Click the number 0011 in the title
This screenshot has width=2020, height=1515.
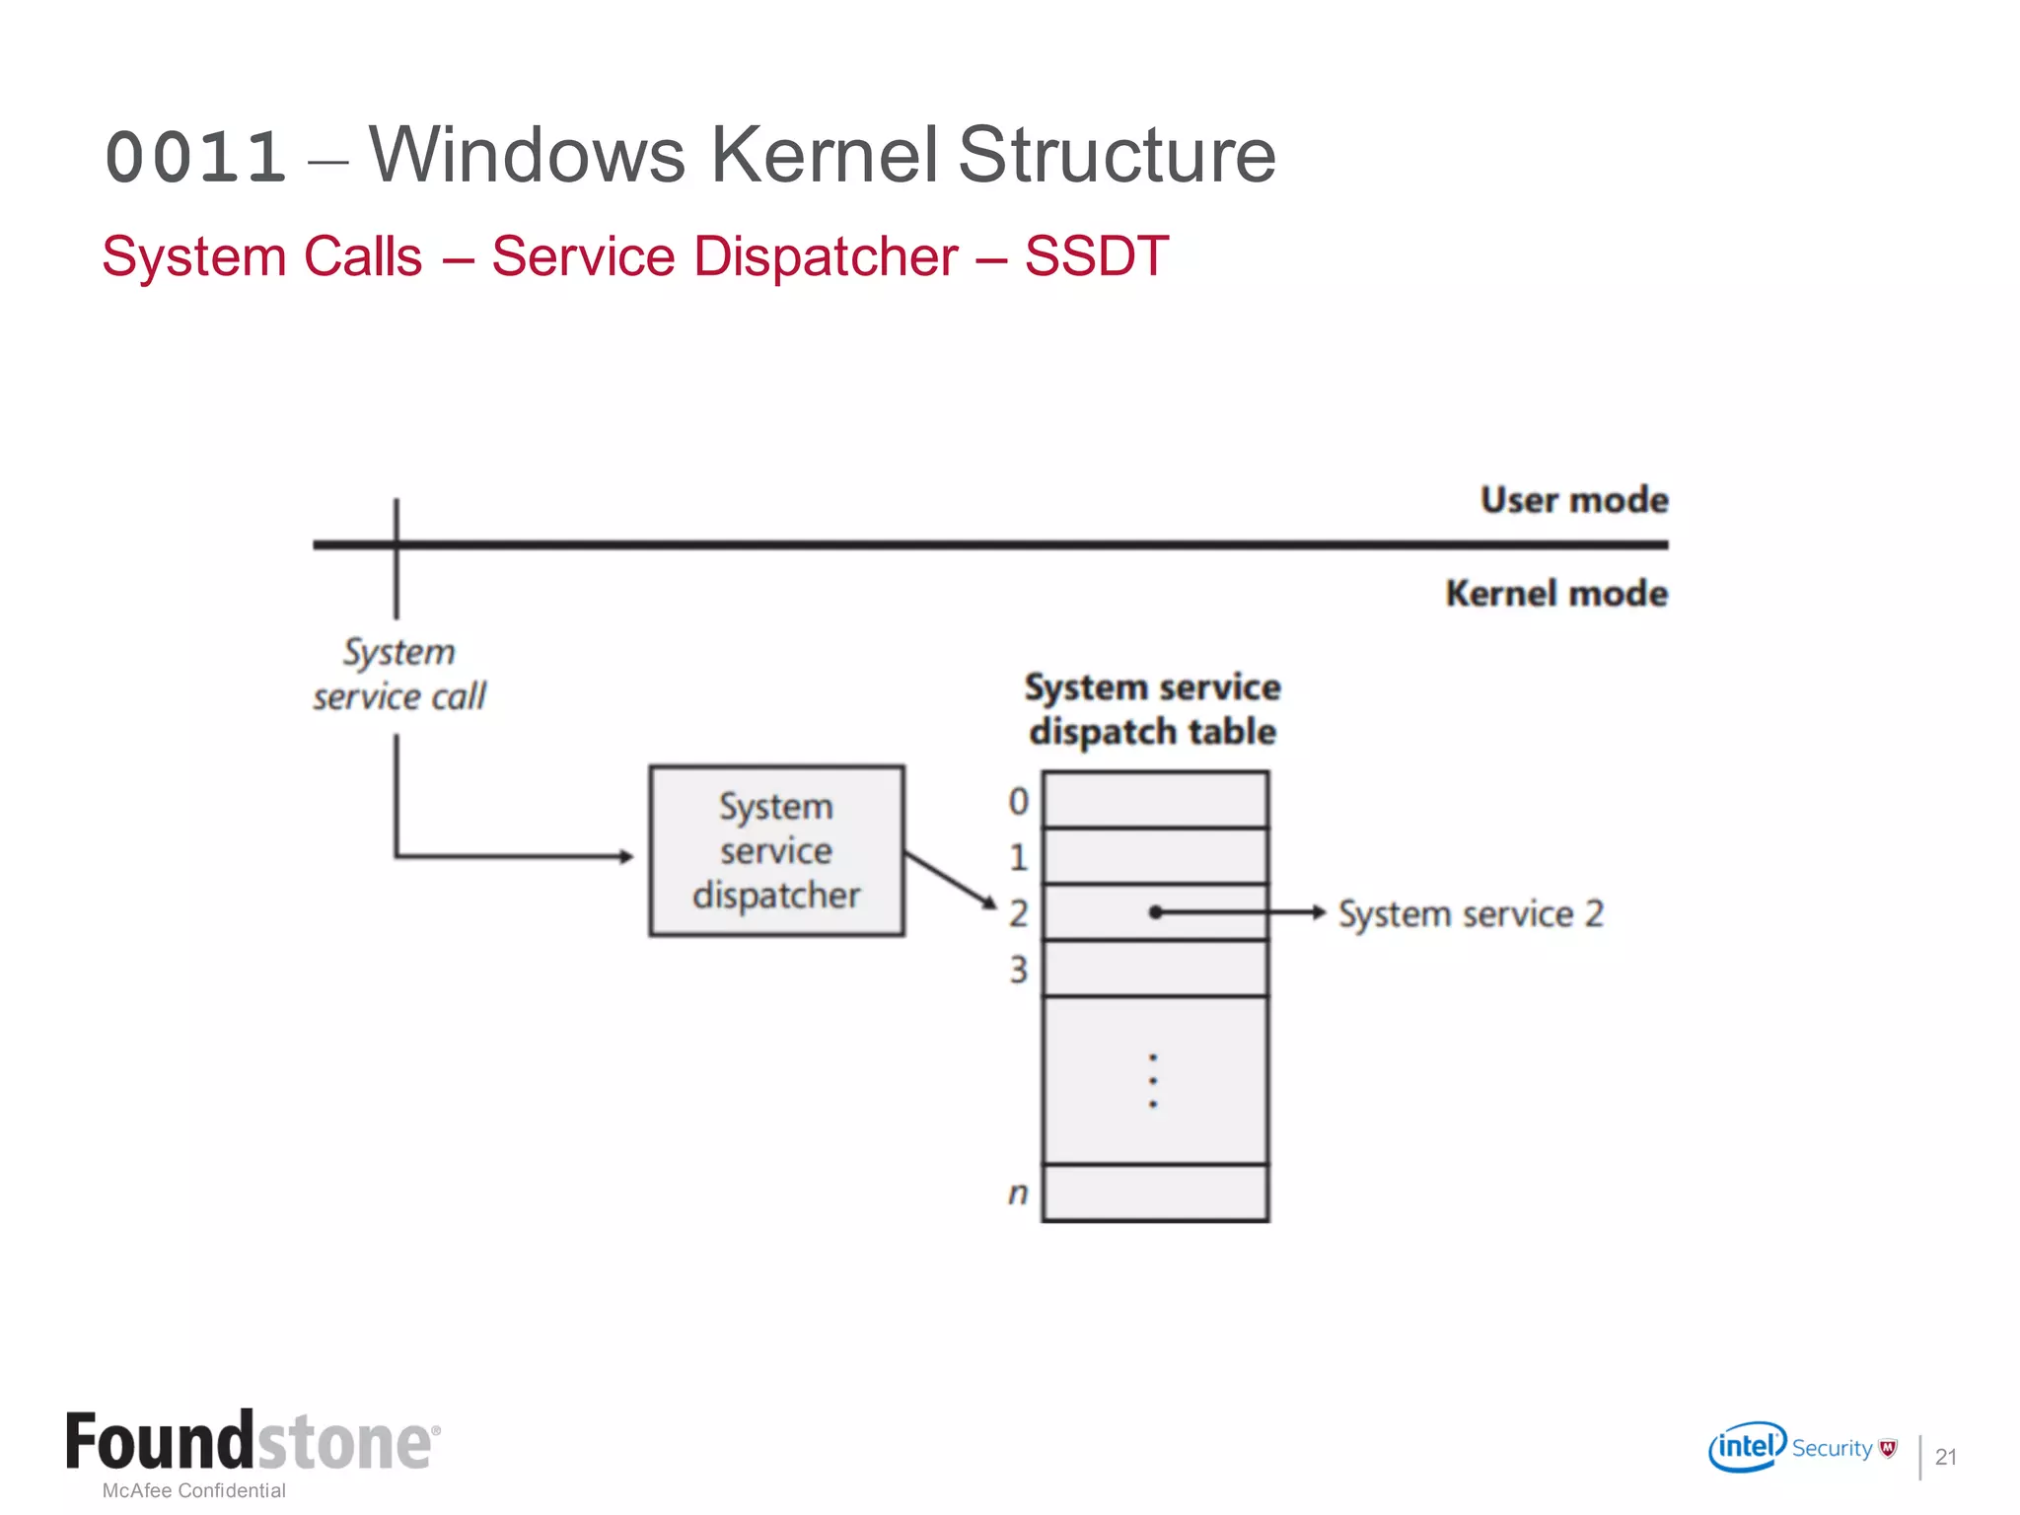[x=195, y=158]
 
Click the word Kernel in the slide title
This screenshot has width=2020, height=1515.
[x=824, y=155]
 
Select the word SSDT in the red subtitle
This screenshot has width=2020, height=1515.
[x=1096, y=256]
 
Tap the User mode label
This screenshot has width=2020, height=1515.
[x=1573, y=500]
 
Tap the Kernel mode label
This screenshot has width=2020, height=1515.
[x=1555, y=594]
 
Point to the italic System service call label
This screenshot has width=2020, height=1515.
[x=399, y=675]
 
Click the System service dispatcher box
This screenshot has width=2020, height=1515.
[x=776, y=850]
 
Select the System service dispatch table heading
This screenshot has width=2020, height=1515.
[x=1152, y=709]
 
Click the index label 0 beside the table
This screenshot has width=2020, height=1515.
[x=1018, y=801]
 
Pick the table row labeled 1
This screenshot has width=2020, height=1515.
[x=1155, y=856]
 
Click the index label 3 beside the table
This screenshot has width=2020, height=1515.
[x=1018, y=970]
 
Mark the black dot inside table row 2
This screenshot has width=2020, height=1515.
[x=1155, y=912]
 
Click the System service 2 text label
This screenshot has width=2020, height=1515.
[x=1470, y=914]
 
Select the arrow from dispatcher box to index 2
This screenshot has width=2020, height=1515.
[x=950, y=880]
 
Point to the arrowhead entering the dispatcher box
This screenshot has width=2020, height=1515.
[x=625, y=856]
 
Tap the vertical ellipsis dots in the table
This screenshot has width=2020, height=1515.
[x=1153, y=1081]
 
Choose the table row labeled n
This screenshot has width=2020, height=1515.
[x=1155, y=1192]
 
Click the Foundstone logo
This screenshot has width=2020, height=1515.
[x=252, y=1442]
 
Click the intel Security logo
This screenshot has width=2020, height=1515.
[x=1800, y=1447]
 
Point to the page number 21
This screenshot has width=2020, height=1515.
[x=1945, y=1457]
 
